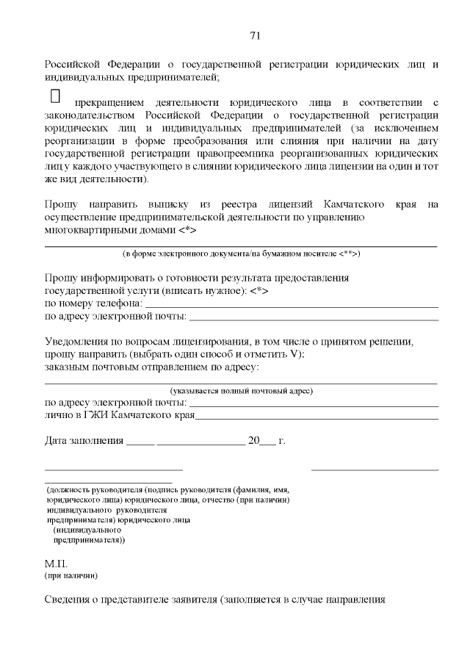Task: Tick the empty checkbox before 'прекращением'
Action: click(54, 96)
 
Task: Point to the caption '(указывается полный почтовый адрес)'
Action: click(242, 390)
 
